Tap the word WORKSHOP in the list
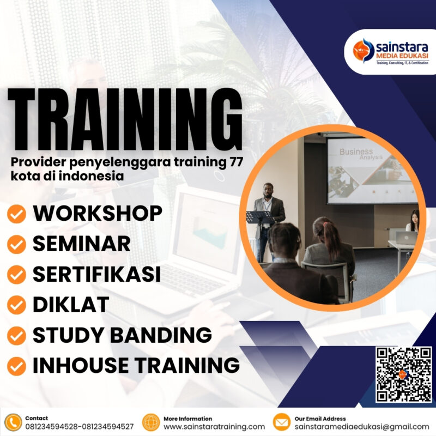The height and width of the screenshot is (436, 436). pyautogui.click(x=98, y=214)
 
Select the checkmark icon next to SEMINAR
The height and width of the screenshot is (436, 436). pyautogui.click(x=17, y=245)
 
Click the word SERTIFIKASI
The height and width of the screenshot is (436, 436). pyautogui.click(x=96, y=274)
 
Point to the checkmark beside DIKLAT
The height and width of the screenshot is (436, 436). pyautogui.click(x=17, y=305)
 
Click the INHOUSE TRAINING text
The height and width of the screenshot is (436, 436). pyautogui.click(x=136, y=365)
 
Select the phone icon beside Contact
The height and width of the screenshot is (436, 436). pyautogui.click(x=13, y=422)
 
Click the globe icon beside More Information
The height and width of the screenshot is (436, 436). pyautogui.click(x=150, y=422)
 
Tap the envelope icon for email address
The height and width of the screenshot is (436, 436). pyautogui.click(x=281, y=422)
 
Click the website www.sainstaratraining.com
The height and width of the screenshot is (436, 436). pyautogui.click(x=214, y=427)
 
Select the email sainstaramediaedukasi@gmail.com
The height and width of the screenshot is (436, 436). pyautogui.click(x=361, y=427)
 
